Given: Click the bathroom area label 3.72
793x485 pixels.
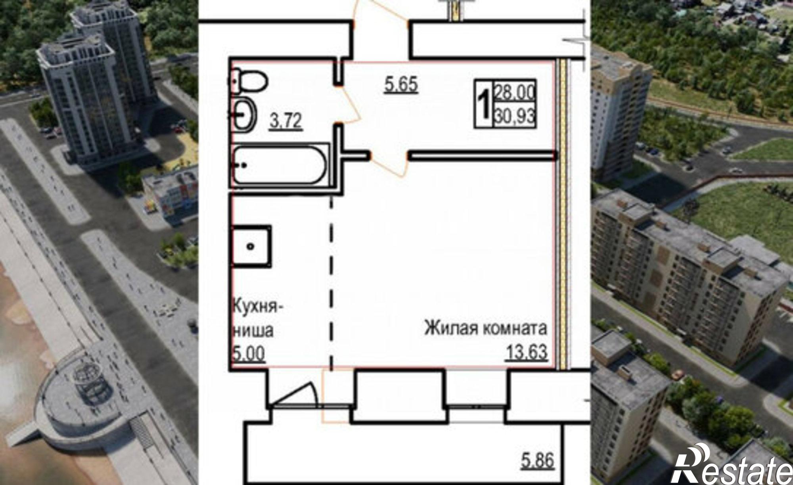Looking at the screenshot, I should click(286, 121).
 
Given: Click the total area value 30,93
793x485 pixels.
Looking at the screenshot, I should click(515, 117).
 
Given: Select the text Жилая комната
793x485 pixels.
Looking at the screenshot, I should click(486, 329).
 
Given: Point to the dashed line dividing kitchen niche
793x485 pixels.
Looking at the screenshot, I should click(331, 278).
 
